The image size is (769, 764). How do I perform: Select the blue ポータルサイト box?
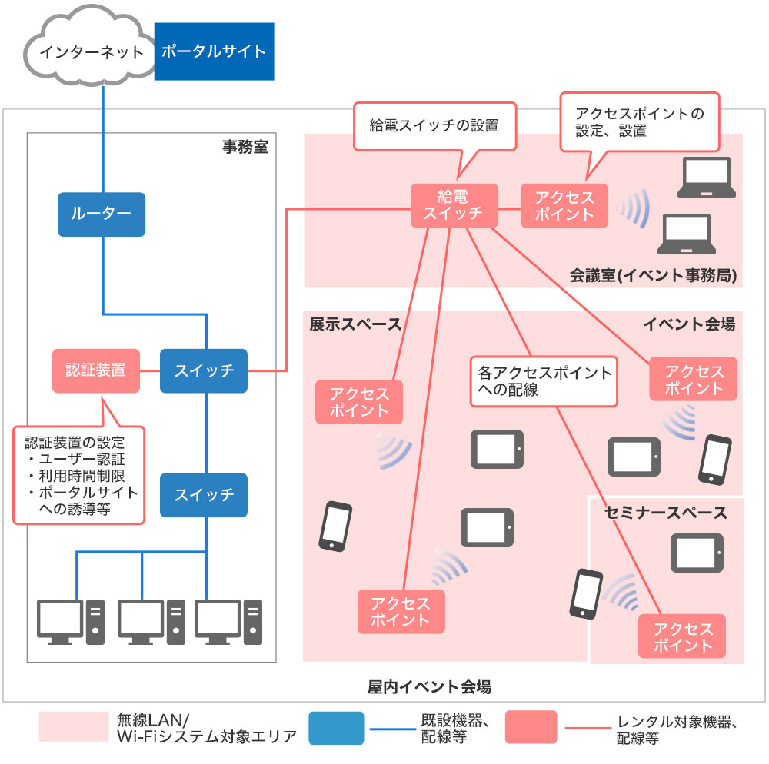click(x=215, y=51)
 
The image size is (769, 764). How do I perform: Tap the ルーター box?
click(x=102, y=214)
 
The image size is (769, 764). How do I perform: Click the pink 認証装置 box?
click(x=96, y=370)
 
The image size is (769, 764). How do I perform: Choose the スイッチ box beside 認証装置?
click(x=204, y=370)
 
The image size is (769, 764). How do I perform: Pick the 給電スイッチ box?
click(x=454, y=205)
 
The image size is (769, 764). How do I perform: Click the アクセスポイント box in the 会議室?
click(x=564, y=205)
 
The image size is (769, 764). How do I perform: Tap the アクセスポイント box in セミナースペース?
click(x=682, y=636)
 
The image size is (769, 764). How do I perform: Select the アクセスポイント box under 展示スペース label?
click(x=359, y=402)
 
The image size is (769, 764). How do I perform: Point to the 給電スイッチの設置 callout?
click(x=435, y=126)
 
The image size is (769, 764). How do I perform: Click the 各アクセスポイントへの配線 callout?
click(x=544, y=381)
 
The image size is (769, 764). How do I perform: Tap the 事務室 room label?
click(x=245, y=147)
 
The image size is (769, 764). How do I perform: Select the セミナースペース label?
click(x=665, y=513)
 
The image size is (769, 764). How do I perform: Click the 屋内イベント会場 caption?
click(x=429, y=686)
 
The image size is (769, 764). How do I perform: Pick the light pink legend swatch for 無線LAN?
click(x=74, y=726)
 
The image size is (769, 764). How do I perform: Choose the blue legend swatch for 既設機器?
click(x=337, y=728)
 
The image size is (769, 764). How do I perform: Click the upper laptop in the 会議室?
click(x=706, y=178)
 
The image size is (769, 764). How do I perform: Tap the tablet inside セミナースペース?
click(x=697, y=553)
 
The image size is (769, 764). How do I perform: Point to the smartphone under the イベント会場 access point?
click(x=715, y=460)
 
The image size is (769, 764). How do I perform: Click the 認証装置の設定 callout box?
click(x=79, y=475)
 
